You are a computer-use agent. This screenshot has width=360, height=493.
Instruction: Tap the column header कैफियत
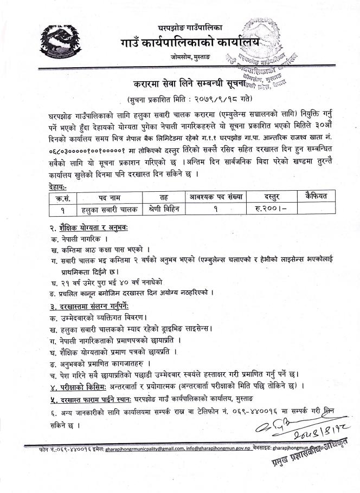point(314,195)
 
